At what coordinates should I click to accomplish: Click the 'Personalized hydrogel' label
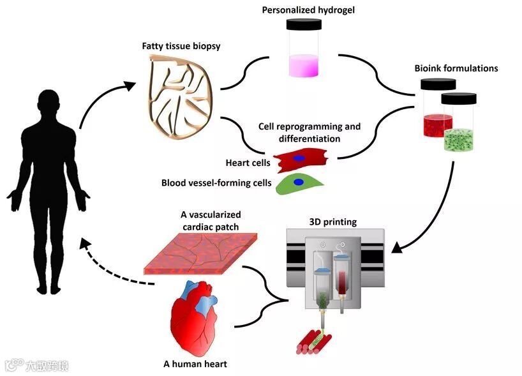[308, 10]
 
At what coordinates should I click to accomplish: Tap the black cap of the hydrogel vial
[304, 24]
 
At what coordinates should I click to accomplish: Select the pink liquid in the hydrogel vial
[304, 66]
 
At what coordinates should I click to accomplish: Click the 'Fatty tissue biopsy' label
[181, 46]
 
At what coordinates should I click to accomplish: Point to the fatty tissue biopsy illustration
[180, 96]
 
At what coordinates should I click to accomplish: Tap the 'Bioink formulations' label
[456, 68]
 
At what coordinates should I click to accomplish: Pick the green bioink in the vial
[459, 140]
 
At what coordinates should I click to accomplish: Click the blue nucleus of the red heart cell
[298, 158]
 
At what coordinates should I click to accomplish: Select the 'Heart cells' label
[248, 163]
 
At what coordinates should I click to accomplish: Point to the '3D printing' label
[333, 222]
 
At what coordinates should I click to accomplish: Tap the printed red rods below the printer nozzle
[313, 342]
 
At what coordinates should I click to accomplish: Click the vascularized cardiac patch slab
[200, 253]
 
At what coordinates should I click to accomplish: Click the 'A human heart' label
[195, 364]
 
